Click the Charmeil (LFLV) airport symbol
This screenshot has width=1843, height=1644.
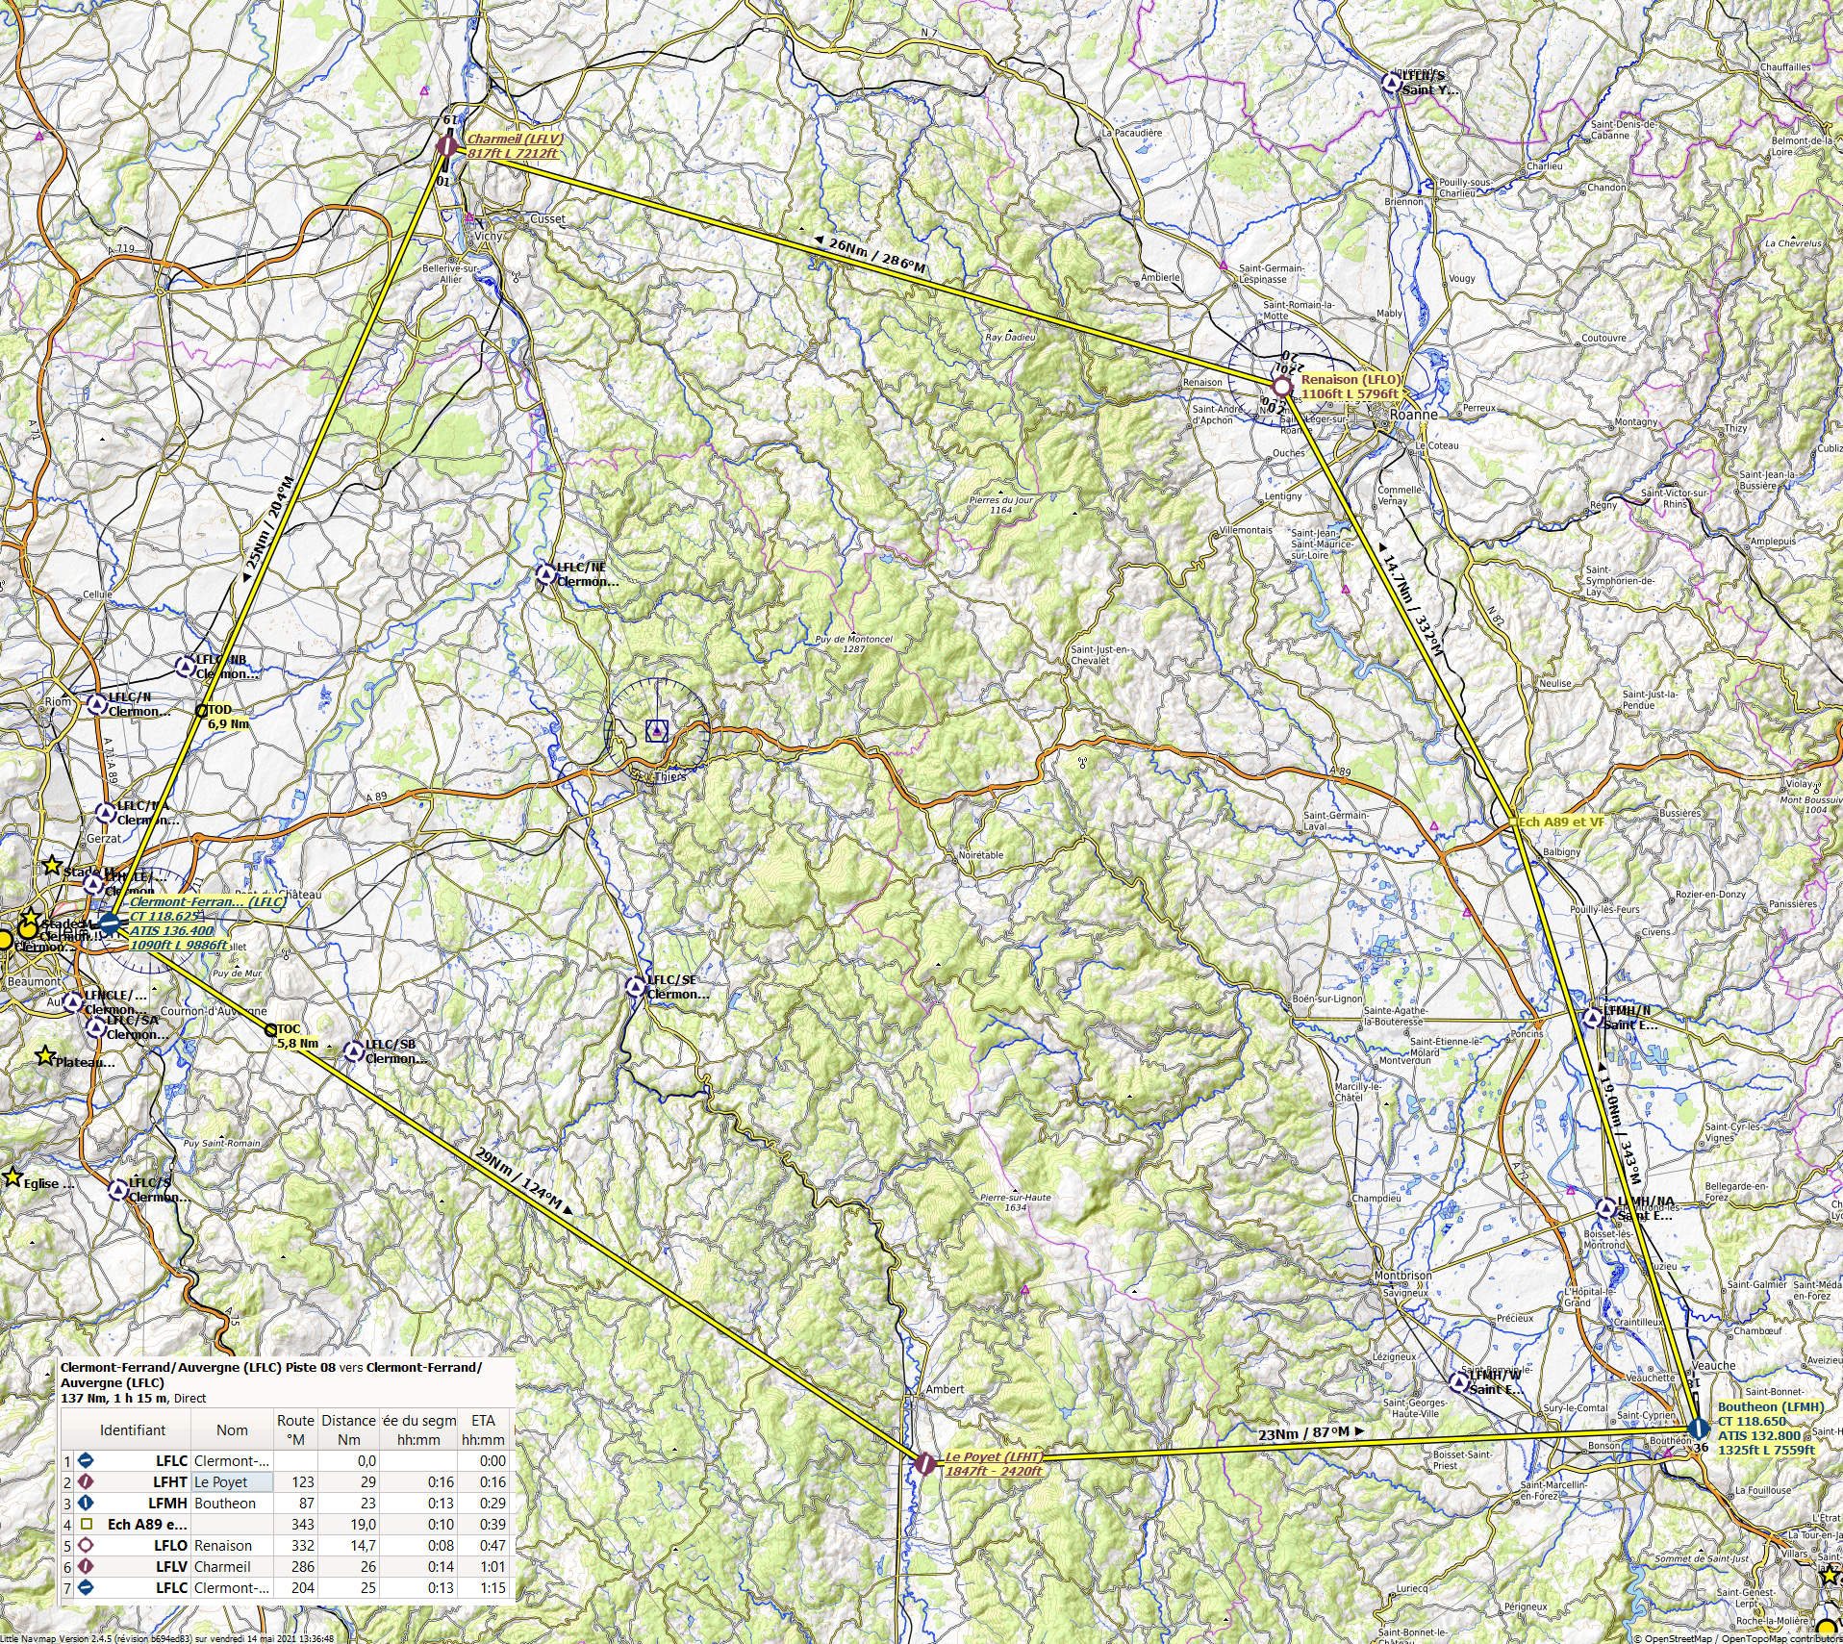[447, 146]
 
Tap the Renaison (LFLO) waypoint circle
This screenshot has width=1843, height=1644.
[1281, 386]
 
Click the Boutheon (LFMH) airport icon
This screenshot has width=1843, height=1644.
[1699, 1428]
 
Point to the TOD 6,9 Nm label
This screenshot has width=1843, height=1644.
[227, 717]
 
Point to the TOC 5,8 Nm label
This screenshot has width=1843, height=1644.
[295, 1036]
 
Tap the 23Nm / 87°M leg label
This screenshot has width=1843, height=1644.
[1310, 1434]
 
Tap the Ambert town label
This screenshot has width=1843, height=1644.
[945, 1389]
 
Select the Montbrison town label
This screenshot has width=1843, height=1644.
[1403, 1276]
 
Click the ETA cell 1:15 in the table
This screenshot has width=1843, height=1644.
[492, 1587]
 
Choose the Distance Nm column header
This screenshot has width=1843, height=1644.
[348, 1429]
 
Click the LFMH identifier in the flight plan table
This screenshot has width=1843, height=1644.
[167, 1503]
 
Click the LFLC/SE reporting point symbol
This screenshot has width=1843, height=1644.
[636, 987]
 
